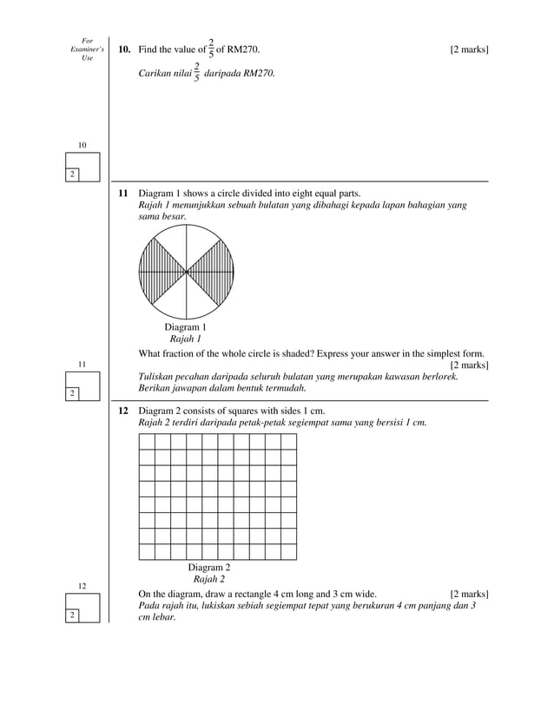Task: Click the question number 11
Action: tap(123, 193)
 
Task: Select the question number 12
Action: tap(123, 409)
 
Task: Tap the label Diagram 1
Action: tap(186, 327)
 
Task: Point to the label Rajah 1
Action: tap(186, 339)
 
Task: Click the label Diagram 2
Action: tap(209, 568)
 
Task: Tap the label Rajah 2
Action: tap(209, 580)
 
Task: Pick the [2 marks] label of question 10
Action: tap(469, 49)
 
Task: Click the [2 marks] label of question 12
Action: tap(469, 594)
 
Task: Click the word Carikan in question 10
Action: tap(156, 75)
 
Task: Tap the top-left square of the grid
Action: tap(146, 441)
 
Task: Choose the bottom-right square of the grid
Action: tap(288, 551)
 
